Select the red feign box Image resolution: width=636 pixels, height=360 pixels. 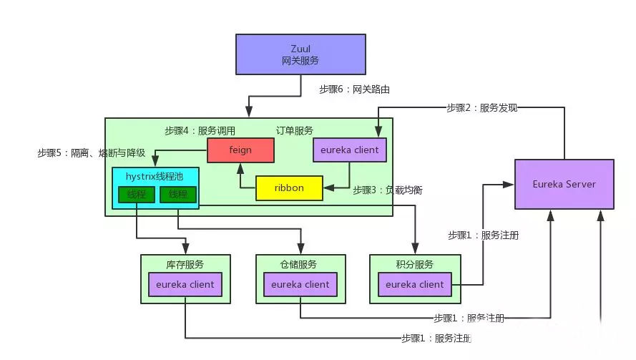point(240,150)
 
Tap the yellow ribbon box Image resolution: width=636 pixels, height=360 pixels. point(289,188)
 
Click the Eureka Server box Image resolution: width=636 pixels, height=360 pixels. point(564,184)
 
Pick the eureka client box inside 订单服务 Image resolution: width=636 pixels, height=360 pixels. point(350,150)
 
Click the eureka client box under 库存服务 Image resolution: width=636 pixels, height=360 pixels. point(185,284)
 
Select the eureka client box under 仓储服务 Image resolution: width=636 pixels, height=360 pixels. point(300,284)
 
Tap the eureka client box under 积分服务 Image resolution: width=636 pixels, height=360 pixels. point(415,284)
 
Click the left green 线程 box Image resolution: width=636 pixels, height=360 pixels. point(136,194)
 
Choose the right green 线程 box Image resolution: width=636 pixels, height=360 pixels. point(178,194)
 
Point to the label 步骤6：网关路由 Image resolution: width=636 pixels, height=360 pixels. point(354,89)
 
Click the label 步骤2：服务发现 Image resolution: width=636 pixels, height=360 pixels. point(481,108)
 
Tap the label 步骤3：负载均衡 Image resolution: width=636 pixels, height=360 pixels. point(388,191)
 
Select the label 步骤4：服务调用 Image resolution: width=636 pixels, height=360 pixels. point(200,131)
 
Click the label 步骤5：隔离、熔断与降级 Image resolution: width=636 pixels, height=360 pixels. point(92,152)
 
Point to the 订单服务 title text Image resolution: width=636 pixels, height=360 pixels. point(294,131)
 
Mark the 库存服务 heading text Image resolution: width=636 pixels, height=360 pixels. point(185,264)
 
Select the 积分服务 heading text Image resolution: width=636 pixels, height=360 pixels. point(415,264)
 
